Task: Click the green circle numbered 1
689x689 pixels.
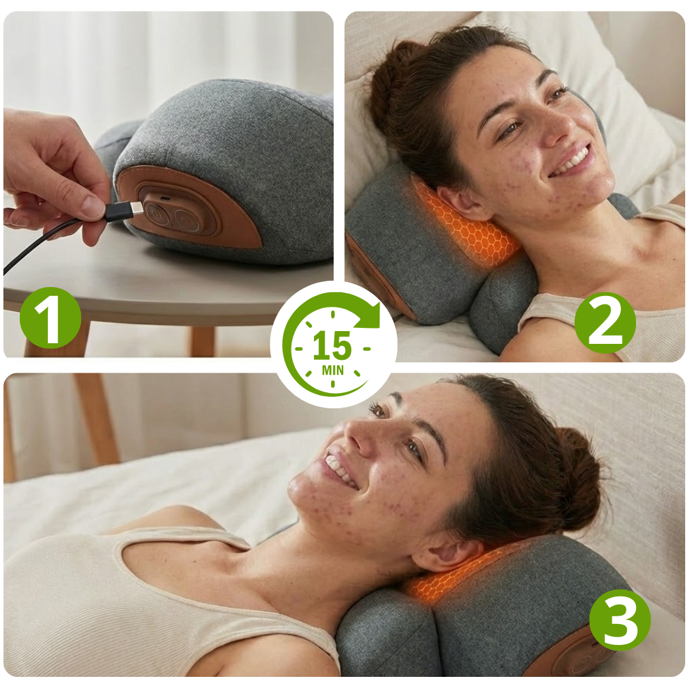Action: (x=50, y=318)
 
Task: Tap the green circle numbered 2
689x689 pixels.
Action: (x=605, y=323)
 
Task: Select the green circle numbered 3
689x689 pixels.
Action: (x=620, y=620)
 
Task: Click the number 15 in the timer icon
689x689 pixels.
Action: (x=332, y=346)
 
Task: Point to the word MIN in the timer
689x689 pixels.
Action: (x=332, y=371)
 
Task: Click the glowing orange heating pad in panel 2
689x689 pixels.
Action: (x=466, y=224)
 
